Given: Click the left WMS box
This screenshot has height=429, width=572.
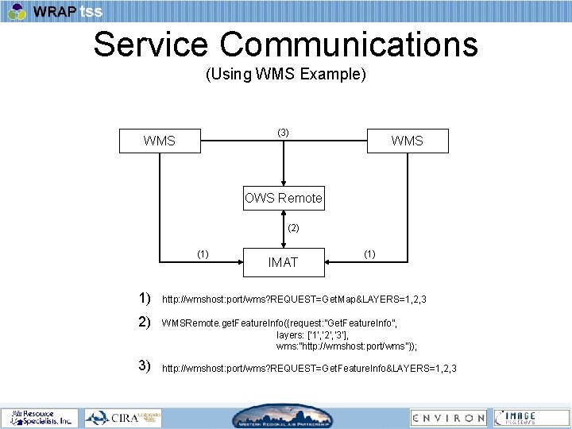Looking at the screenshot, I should coord(160,141).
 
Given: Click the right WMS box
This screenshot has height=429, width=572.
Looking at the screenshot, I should coord(408,141).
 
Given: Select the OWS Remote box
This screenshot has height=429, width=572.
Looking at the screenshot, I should coord(284,198).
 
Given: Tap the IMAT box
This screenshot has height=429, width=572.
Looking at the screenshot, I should coord(283,262).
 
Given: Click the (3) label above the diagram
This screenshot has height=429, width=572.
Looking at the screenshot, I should coord(284,132).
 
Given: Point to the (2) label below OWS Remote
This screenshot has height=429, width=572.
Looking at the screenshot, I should coord(293,228).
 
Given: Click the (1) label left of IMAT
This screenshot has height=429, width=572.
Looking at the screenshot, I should coord(203,254).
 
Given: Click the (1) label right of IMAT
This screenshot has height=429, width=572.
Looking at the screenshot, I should coord(369,254).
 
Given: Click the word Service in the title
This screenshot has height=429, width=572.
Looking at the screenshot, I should coord(152,44).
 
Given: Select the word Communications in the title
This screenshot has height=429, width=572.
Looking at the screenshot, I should coord(349,44).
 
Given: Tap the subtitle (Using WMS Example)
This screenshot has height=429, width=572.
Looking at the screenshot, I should coord(286,75).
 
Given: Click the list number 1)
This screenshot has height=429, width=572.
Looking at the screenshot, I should coord(144,299).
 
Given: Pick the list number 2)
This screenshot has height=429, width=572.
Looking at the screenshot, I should coord(144,323).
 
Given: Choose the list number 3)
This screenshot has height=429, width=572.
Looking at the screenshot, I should coord(144,366).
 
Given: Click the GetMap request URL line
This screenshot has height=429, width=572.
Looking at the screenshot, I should coord(294,300).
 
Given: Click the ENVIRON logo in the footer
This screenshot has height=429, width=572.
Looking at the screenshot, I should coord(448,417).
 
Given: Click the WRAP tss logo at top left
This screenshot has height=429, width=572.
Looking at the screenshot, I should coord(56,11).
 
